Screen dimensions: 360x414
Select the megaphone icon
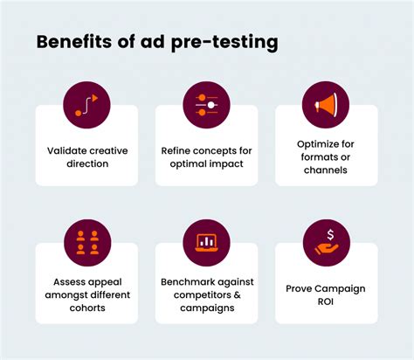point(326,105)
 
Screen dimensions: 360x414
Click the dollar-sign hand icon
point(326,242)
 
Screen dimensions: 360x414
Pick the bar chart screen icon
point(206,242)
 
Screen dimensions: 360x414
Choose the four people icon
point(86,242)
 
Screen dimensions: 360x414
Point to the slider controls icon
point(206,105)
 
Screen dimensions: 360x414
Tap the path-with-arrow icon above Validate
point(86,105)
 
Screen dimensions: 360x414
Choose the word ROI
point(326,303)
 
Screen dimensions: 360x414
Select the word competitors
point(192,297)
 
